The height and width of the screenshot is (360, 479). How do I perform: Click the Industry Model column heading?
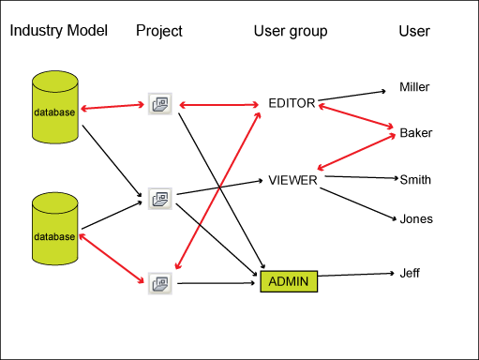coord(59,31)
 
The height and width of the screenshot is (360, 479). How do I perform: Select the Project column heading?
coord(159,31)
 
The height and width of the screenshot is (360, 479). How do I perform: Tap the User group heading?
coord(291,31)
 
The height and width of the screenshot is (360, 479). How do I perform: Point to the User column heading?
coord(414,31)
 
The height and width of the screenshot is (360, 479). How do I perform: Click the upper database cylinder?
coord(55,107)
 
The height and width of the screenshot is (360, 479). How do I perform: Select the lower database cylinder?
coord(55,229)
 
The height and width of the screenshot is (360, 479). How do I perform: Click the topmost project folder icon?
coord(160,104)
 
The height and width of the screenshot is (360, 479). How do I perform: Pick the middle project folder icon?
coord(160,199)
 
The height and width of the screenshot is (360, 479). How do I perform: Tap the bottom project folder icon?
coord(160,283)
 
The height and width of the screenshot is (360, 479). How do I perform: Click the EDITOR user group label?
coord(292,103)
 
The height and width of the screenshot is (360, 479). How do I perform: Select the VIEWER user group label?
coord(292,180)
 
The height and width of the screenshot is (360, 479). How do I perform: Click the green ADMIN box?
coord(289,281)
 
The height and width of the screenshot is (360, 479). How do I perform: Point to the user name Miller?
coord(414,87)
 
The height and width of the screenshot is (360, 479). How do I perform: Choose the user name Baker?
coord(416,133)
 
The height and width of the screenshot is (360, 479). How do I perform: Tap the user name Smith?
coord(415,180)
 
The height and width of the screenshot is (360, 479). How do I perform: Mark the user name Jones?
coord(416,218)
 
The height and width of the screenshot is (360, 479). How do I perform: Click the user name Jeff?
coord(410,273)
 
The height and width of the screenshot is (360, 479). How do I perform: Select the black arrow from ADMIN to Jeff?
coord(356,275)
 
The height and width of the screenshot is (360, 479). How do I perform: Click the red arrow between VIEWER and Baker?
coord(356,152)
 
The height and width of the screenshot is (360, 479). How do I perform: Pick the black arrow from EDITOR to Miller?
coord(352,96)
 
